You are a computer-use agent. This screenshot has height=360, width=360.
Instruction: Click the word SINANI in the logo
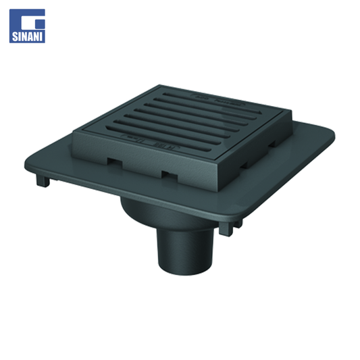(27, 36)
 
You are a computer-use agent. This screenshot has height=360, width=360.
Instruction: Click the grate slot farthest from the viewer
(211, 103)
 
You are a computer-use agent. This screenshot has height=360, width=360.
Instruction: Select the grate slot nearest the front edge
(158, 138)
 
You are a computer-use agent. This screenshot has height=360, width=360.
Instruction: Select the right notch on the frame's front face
(170, 176)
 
